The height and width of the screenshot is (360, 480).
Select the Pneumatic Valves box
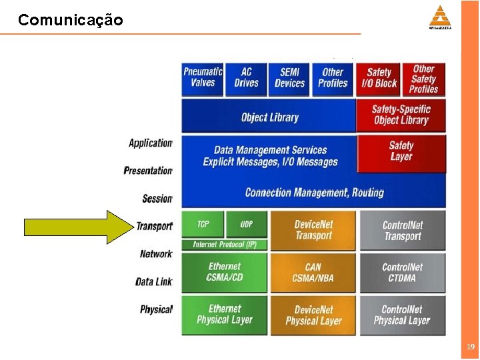point(203,78)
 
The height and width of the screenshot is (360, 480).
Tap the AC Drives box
point(246,78)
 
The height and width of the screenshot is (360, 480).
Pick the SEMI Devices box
point(290,78)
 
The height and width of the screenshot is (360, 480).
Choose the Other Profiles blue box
point(333,78)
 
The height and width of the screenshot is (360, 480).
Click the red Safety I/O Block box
point(379,78)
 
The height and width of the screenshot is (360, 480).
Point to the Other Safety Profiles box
point(423,78)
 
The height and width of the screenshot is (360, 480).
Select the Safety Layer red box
point(401,151)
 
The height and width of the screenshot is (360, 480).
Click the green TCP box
point(203,224)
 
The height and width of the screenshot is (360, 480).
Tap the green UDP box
point(246,224)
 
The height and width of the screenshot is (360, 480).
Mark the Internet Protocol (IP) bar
point(225,245)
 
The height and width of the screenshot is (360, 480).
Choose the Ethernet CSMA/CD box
point(225,272)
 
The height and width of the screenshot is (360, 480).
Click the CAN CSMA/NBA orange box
point(313,272)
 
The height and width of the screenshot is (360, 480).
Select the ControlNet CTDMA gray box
point(402,272)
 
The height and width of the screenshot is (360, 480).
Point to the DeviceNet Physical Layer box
point(313,315)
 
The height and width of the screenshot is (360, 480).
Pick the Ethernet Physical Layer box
point(225,314)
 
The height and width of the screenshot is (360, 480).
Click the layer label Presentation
point(148,171)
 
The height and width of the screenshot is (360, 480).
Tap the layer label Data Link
point(154,282)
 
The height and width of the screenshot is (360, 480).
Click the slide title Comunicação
point(71,20)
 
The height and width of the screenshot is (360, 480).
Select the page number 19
point(471,347)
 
